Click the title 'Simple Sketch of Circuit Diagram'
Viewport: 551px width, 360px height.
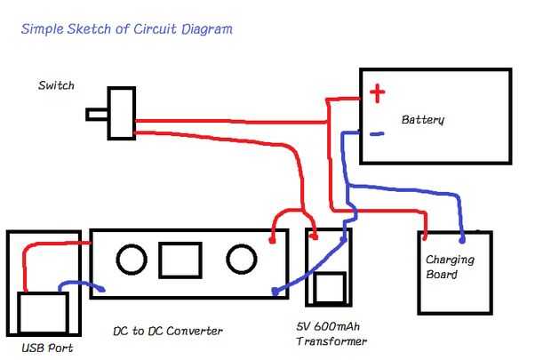[126, 29]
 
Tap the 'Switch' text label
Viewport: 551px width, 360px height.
[56, 86]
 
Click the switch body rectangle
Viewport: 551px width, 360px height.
[121, 113]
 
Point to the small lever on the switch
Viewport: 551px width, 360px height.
[97, 114]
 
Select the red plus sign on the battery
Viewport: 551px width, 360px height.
[378, 92]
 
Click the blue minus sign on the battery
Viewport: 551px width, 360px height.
[377, 134]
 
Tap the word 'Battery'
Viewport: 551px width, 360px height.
[422, 119]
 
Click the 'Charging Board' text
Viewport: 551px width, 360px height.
[449, 267]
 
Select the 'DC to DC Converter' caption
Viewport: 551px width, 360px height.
[167, 331]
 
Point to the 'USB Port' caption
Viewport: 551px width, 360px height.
[47, 347]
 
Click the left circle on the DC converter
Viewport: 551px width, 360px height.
[132, 260]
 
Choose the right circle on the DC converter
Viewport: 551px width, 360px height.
[241, 259]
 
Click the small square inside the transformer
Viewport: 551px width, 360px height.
[330, 288]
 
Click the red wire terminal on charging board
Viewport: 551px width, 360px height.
[425, 236]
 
